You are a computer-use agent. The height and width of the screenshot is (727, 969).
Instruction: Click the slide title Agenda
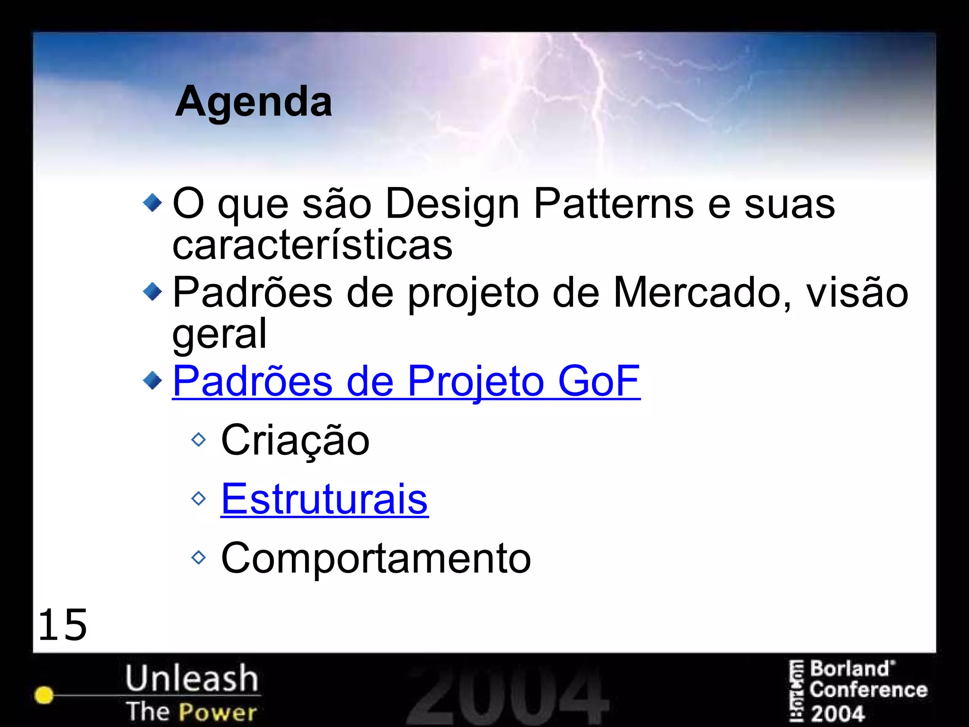(254, 102)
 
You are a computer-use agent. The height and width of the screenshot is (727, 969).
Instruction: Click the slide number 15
(62, 625)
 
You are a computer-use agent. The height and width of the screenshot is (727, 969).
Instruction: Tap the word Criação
(295, 440)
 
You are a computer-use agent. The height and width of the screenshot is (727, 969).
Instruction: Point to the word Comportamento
(376, 558)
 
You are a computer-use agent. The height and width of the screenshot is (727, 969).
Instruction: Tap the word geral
(220, 333)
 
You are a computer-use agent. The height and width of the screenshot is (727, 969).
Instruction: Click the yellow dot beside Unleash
(44, 695)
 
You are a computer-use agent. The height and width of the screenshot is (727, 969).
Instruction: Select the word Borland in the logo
(850, 669)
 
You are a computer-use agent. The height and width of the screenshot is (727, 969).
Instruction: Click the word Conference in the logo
(868, 690)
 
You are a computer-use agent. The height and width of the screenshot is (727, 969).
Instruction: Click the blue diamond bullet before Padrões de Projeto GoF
(152, 380)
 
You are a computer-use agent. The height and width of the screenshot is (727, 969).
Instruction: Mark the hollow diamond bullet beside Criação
(199, 440)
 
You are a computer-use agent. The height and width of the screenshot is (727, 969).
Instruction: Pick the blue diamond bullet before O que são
(152, 203)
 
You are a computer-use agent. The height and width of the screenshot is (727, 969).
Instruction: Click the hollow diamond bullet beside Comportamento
(199, 558)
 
